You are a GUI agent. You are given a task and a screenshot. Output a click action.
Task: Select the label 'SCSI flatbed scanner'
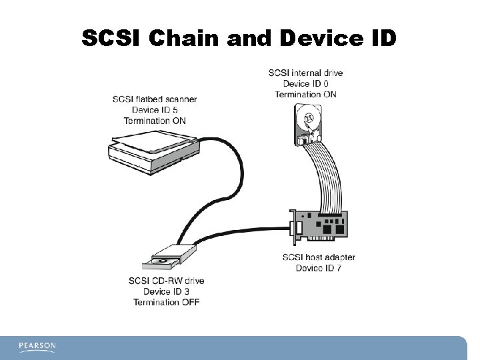click(155, 100)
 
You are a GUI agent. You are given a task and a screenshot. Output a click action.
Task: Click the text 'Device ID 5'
click(155, 110)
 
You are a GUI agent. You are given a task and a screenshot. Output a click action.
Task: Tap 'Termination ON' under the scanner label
click(155, 121)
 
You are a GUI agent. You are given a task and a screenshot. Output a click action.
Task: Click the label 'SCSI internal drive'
click(306, 73)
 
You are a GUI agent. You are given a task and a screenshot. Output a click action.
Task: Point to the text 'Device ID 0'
click(306, 83)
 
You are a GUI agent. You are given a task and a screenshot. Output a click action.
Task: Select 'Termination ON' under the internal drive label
click(306, 94)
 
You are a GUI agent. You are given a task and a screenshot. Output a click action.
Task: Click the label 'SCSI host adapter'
click(319, 257)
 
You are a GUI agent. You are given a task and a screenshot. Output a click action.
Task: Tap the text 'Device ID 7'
click(319, 268)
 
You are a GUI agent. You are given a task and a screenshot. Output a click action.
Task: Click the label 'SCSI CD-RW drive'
click(166, 281)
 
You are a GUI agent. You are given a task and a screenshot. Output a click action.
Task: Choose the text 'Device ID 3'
click(166, 291)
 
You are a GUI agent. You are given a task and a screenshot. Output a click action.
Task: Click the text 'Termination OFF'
click(166, 302)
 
